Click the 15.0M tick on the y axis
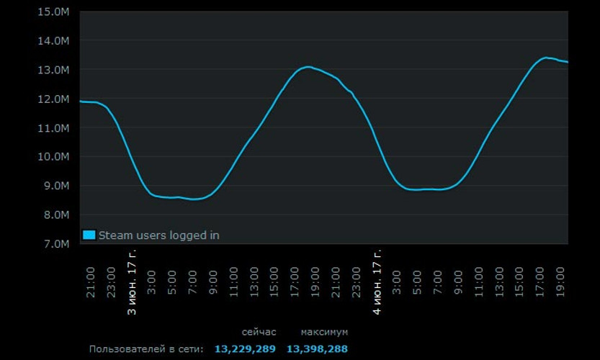click(x=54, y=12)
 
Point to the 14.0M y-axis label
click(x=54, y=40)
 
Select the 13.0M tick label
click(x=54, y=70)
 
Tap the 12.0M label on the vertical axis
click(x=54, y=99)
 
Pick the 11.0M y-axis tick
click(x=54, y=127)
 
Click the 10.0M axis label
click(x=54, y=156)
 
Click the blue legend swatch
click(x=89, y=235)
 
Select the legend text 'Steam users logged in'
click(x=158, y=235)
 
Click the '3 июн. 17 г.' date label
click(x=132, y=282)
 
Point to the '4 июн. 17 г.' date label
click(x=377, y=282)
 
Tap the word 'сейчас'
click(x=259, y=332)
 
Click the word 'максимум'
click(x=324, y=332)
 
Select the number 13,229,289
click(x=245, y=349)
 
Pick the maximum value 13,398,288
click(x=317, y=349)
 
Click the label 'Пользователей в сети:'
click(x=146, y=349)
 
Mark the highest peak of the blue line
click(x=546, y=57)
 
